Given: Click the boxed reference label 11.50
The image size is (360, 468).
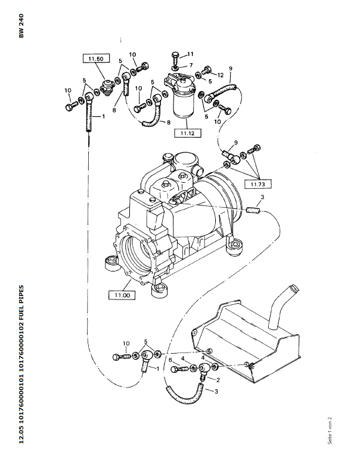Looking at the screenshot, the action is tap(96, 58).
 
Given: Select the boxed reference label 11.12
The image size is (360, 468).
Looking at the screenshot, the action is tap(187, 133).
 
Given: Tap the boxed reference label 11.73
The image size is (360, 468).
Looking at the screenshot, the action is tap(258, 184).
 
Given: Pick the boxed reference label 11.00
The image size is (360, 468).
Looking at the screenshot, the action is tap(122, 295).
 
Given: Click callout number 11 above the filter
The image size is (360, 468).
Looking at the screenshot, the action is tap(190, 54).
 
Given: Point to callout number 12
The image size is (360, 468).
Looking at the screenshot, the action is tap(220, 75).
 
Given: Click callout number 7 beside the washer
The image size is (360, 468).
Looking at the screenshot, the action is tap(191, 65).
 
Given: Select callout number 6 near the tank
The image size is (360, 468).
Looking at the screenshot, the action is tap(170, 360).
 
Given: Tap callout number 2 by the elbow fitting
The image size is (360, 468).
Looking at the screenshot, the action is tap(218, 380).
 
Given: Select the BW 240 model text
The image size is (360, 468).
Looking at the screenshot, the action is tap(21, 26).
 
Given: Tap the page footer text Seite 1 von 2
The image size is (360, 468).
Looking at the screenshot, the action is tap(330, 430).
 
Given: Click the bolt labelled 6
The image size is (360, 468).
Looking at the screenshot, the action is tap(179, 369).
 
